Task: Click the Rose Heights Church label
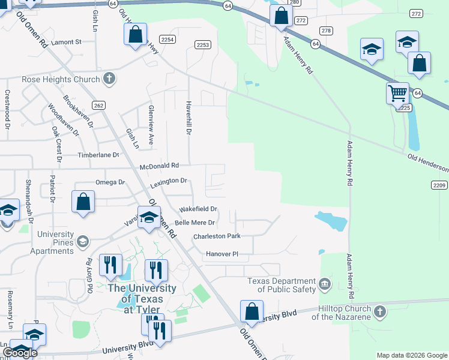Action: [60, 79]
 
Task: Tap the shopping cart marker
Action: [397, 94]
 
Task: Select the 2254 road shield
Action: [168, 40]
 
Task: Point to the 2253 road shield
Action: [203, 44]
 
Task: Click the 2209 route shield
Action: [439, 185]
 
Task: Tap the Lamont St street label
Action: [66, 42]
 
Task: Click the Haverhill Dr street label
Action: [188, 117]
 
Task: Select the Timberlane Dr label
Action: [98, 155]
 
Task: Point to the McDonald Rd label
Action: [159, 166]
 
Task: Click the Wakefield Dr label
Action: [198, 209]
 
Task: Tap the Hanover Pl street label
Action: [222, 254]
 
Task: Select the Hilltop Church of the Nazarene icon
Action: [378, 311]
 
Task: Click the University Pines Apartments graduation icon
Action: [83, 242]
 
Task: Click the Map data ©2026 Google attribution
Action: [412, 355]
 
